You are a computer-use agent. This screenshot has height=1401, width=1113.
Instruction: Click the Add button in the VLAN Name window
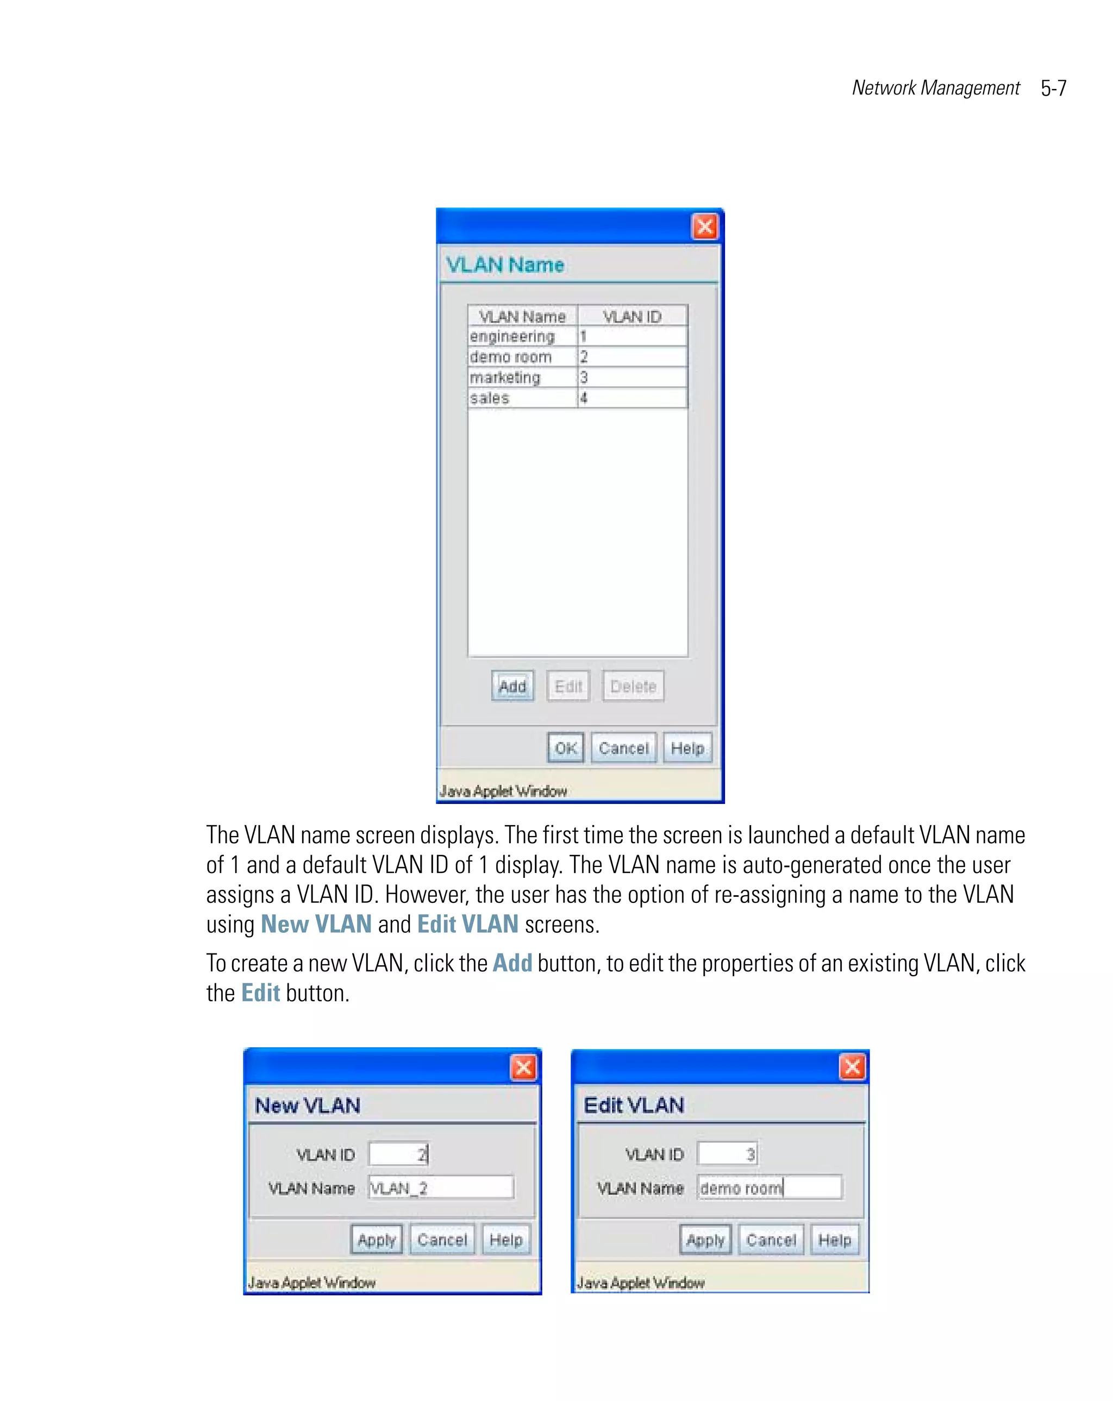click(x=511, y=686)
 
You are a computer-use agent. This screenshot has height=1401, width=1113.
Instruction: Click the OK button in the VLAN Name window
click(x=565, y=748)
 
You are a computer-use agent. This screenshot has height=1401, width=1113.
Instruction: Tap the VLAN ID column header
click(x=631, y=317)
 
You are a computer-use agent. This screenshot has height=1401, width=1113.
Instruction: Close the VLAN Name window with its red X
click(x=705, y=227)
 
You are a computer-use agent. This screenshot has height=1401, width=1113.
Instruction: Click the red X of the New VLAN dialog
click(x=523, y=1067)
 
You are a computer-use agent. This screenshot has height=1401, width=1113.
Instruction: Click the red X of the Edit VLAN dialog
click(x=852, y=1066)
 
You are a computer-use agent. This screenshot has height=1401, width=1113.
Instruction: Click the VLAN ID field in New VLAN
click(x=398, y=1154)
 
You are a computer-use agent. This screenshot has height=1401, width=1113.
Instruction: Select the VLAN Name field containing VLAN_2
click(x=440, y=1188)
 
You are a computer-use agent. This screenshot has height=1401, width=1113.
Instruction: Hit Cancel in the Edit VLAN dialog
click(x=771, y=1240)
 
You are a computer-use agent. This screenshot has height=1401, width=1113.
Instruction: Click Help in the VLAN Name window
click(x=687, y=748)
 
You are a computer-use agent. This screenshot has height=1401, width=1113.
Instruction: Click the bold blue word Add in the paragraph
click(x=512, y=963)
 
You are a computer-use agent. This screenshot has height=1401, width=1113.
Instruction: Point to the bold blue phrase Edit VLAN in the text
click(x=467, y=924)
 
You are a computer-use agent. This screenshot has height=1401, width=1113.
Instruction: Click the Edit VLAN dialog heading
click(x=633, y=1105)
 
